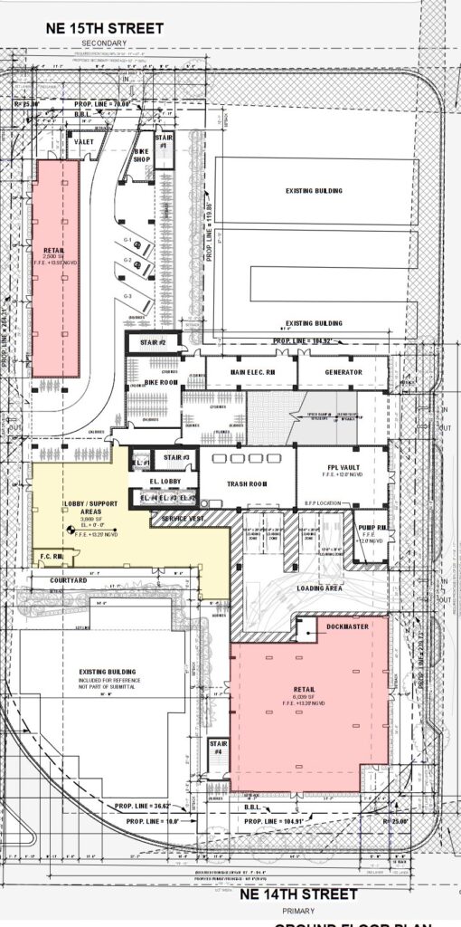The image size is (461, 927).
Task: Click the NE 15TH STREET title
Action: coord(105,29)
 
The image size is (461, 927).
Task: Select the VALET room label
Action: coord(84,142)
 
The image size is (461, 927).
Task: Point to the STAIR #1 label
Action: coord(164,142)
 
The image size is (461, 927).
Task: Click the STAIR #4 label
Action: coord(216,750)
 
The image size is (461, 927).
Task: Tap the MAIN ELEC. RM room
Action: coord(250,372)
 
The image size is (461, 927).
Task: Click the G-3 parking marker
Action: coord(128,296)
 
